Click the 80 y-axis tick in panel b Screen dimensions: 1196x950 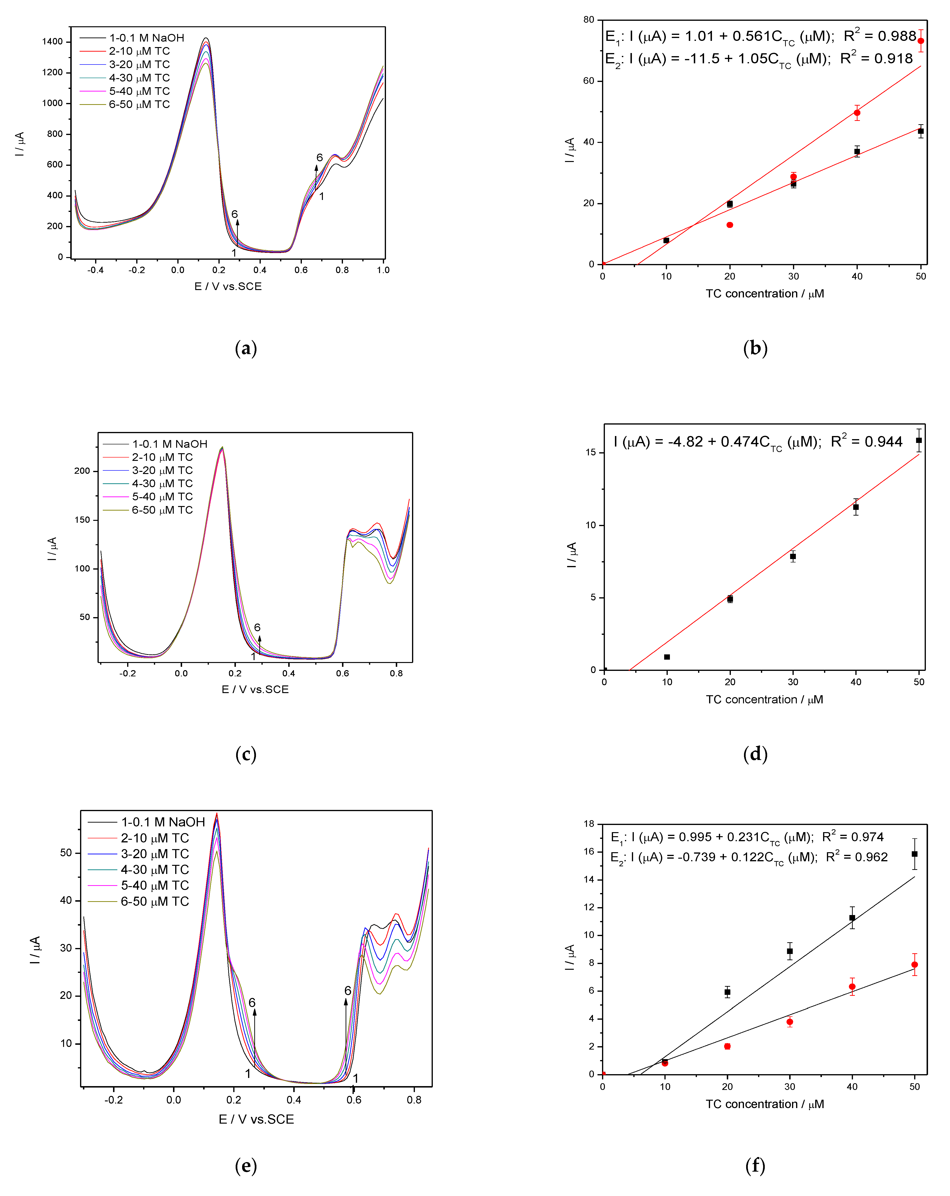tap(588, 20)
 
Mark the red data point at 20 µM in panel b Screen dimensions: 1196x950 tap(730, 225)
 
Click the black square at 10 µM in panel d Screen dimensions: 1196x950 tap(667, 657)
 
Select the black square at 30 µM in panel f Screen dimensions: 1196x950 tap(790, 951)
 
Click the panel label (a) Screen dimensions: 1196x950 tap(246, 348)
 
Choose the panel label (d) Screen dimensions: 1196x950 tap(755, 754)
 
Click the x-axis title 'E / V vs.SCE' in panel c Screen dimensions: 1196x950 tap(255, 689)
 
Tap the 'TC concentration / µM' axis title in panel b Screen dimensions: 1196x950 tap(765, 293)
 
